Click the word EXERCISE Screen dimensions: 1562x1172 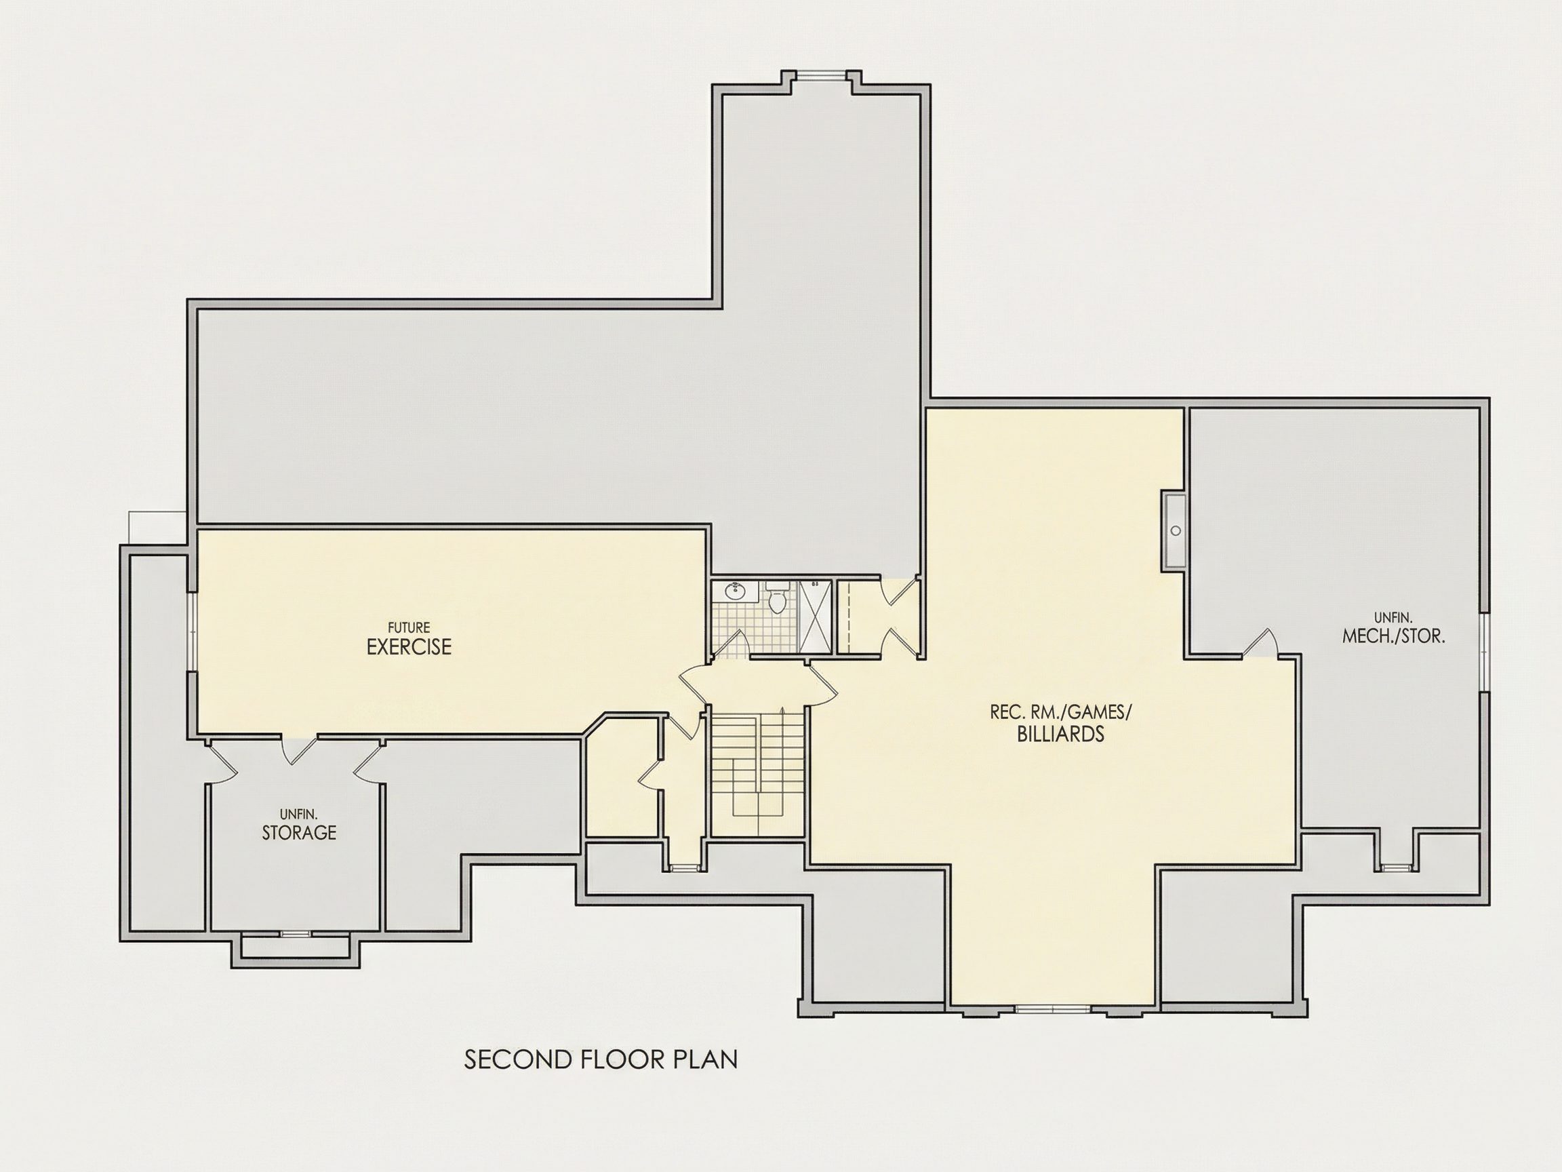(x=409, y=647)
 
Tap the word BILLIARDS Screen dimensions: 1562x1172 (x=1060, y=734)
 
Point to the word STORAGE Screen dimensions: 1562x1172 (x=299, y=832)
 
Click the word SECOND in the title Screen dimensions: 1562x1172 (x=508, y=1059)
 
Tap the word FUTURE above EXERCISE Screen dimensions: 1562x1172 (x=409, y=627)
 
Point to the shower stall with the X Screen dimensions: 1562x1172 (x=815, y=616)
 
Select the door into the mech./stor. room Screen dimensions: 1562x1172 (x=1261, y=643)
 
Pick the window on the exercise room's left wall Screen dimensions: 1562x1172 (x=191, y=631)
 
